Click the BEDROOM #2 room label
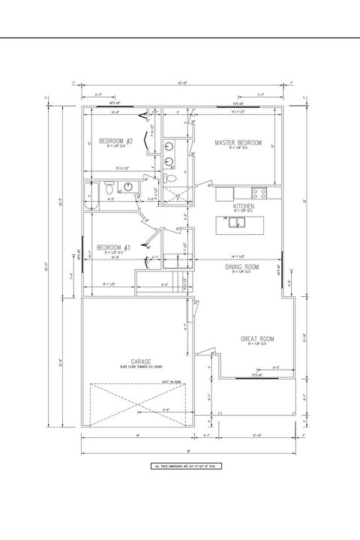[116, 140]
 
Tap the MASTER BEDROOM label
[237, 142]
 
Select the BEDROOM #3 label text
[114, 247]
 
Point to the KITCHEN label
[244, 205]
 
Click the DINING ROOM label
[241, 266]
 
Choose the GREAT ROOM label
[257, 339]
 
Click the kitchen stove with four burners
[259, 192]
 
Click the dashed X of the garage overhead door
[139, 405]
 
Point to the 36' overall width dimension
[189, 450]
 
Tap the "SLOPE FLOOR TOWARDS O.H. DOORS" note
[141, 367]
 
